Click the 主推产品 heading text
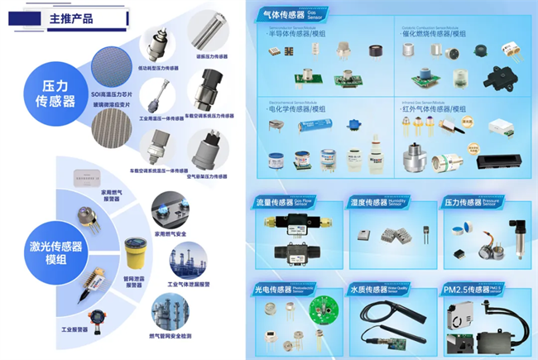(70, 17)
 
